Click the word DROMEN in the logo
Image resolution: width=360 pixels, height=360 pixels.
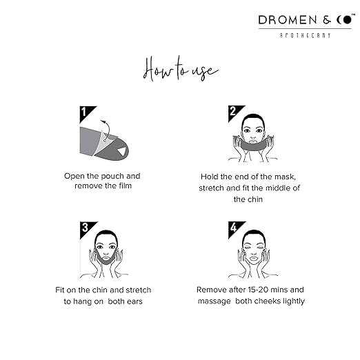point(288,20)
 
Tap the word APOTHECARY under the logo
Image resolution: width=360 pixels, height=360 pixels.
point(306,35)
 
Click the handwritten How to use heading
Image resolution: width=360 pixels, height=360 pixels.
point(181,68)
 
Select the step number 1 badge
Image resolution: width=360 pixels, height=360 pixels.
point(88,114)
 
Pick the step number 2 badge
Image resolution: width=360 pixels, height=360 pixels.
point(236,114)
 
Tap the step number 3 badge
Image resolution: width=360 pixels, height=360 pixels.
point(88,230)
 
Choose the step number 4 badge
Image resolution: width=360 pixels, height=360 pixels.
point(237,230)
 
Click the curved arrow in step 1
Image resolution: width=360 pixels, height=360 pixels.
point(108,129)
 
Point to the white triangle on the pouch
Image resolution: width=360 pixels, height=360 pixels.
point(121,151)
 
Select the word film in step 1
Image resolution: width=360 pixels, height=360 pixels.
point(125,186)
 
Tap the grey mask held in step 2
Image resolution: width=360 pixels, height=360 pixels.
point(252,145)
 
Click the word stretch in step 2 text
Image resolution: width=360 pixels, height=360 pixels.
point(211,188)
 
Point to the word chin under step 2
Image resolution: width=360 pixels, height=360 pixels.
point(254,199)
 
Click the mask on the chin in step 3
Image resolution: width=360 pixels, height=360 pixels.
point(106,259)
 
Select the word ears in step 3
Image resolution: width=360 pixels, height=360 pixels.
point(134,301)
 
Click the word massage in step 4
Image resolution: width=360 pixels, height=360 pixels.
point(214,301)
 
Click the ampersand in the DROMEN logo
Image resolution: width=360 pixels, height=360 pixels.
point(327,20)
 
